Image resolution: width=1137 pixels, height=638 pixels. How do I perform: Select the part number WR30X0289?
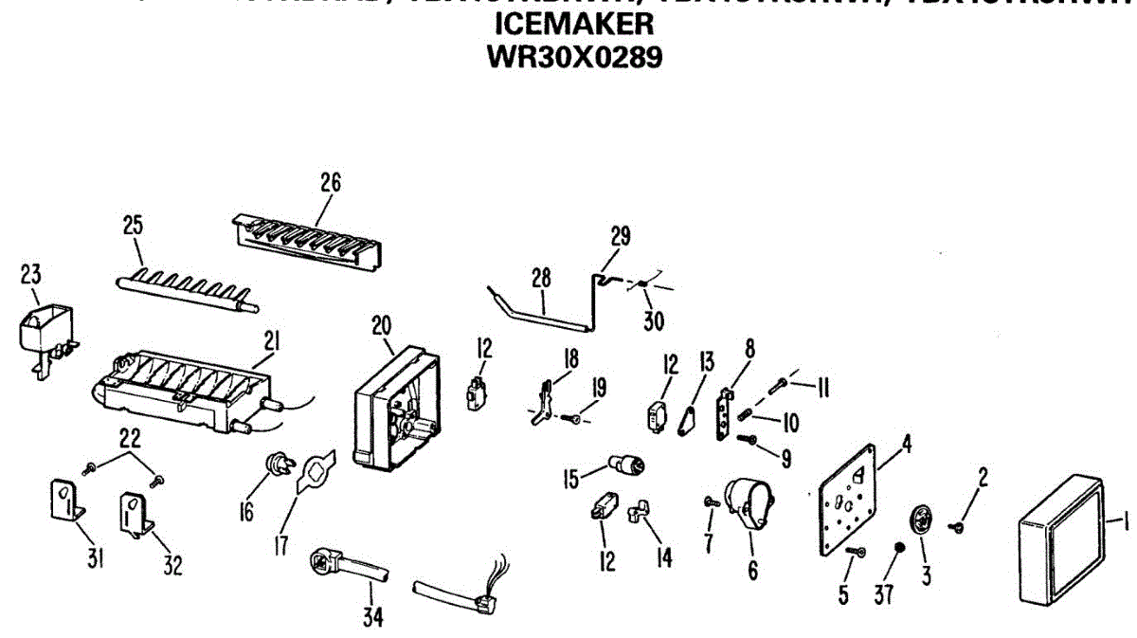pyautogui.click(x=573, y=56)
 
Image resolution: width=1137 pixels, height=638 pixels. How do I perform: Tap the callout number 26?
pyautogui.click(x=330, y=182)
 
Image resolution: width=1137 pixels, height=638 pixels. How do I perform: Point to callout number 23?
pyautogui.click(x=31, y=275)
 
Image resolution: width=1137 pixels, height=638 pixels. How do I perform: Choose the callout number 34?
pyautogui.click(x=373, y=617)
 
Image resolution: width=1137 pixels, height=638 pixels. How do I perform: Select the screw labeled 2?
pyautogui.click(x=959, y=522)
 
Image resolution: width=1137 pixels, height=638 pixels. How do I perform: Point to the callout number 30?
pyautogui.click(x=654, y=320)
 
